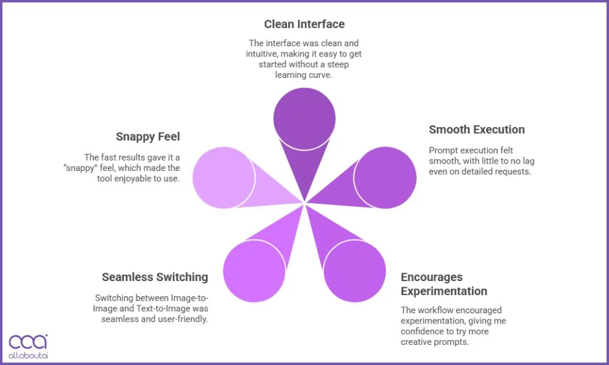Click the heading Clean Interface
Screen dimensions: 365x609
tap(304, 24)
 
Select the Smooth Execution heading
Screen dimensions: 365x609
tap(476, 130)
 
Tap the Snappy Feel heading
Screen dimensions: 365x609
tap(148, 136)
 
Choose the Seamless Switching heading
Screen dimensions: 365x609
tap(155, 277)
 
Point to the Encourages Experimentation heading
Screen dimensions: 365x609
tap(443, 284)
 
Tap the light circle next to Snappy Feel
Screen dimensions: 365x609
tap(223, 178)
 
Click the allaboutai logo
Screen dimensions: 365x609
tap(28, 346)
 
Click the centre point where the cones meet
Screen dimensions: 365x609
tap(304, 203)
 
